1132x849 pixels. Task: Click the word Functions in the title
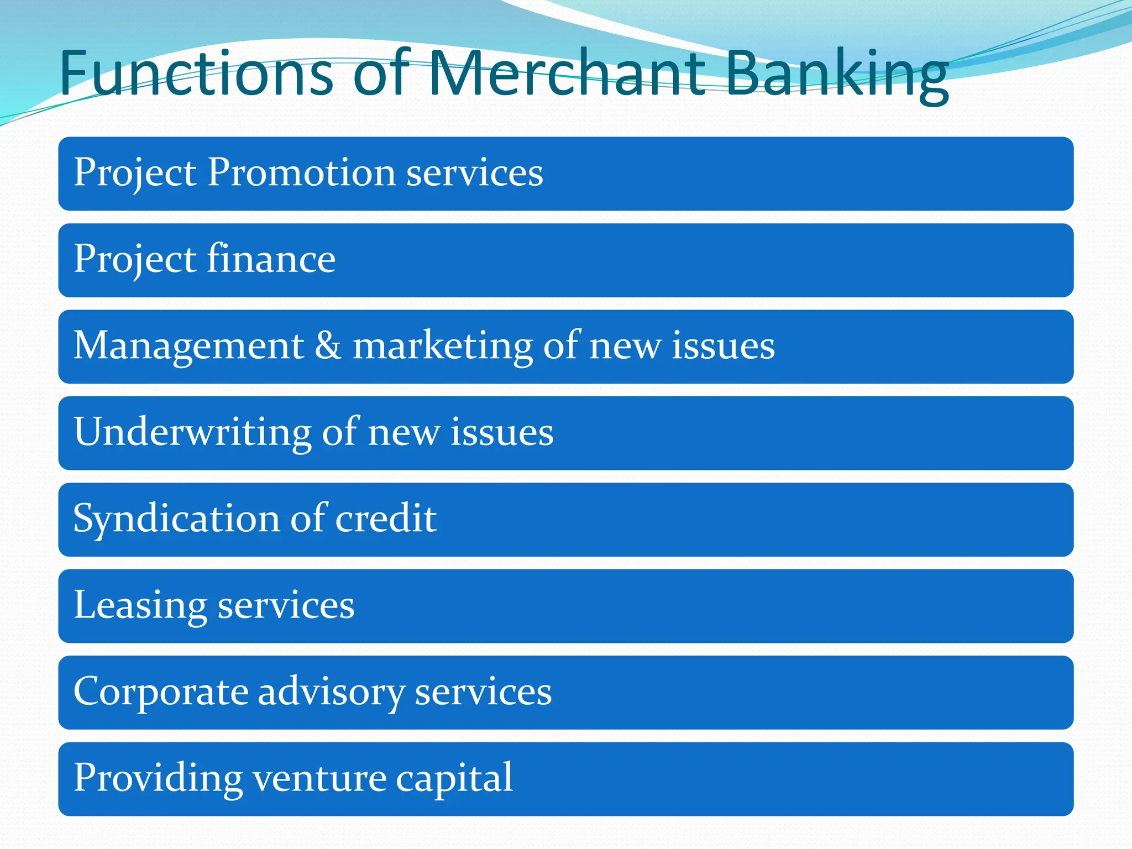click(196, 74)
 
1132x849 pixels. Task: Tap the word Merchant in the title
click(566, 74)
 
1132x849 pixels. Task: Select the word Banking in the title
click(836, 75)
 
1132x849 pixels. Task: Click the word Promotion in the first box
click(301, 172)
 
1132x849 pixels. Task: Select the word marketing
click(443, 347)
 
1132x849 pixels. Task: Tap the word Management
click(188, 347)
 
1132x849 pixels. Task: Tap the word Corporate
click(161, 692)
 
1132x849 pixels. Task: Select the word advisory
click(331, 692)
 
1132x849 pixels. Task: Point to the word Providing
click(158, 779)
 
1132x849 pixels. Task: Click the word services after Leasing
click(286, 606)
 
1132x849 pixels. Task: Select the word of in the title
click(380, 74)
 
